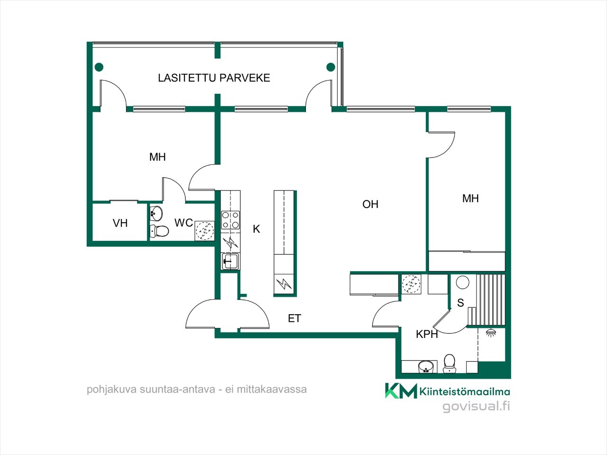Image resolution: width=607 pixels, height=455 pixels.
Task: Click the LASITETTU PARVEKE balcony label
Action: pos(214,78)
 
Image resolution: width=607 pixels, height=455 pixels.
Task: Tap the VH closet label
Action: pos(120,223)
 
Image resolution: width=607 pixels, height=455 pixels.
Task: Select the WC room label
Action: pos(184,222)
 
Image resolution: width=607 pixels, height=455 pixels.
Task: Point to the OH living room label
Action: pos(370,204)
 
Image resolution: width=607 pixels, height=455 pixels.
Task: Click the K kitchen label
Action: pos(257,229)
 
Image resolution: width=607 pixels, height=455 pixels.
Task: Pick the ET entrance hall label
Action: pos(294,318)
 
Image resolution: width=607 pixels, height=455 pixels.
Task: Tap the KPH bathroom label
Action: pos(427,334)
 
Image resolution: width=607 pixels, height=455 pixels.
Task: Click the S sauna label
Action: pos(460,303)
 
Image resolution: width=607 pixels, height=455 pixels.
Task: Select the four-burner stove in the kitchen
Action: pos(230,220)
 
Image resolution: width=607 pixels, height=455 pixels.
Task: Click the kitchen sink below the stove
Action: pos(230,261)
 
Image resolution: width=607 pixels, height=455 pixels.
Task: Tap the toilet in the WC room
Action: pos(159,231)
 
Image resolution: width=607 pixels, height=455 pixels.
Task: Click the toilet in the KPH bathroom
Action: pos(450,363)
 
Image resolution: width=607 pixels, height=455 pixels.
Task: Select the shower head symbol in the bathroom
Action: pos(490,333)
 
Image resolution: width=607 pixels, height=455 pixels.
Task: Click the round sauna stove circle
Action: pos(462,282)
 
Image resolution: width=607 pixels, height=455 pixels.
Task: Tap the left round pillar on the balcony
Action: pos(99,67)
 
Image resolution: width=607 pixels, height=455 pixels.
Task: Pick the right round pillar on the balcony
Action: pos(331,67)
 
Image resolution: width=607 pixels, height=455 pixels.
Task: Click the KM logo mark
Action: pos(401,391)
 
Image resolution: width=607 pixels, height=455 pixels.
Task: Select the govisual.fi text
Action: pos(476,407)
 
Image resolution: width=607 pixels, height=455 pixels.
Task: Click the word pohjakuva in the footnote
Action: pos(112,390)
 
